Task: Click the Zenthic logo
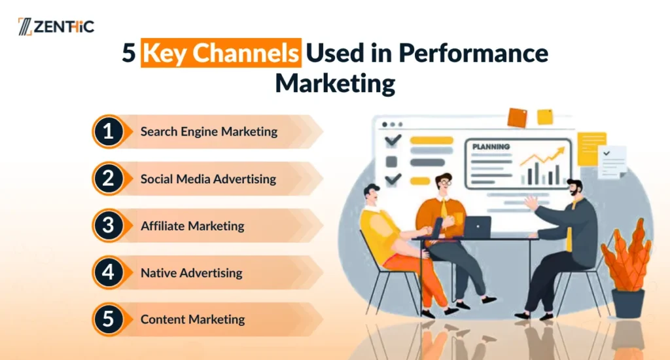click(56, 27)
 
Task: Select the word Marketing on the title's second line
click(334, 84)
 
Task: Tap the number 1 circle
click(108, 132)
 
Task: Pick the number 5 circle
click(108, 319)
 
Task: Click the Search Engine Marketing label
click(209, 132)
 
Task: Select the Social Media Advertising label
click(208, 179)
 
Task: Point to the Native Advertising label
click(191, 273)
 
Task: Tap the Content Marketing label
click(192, 320)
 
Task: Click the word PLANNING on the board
click(491, 147)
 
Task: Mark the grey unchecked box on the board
click(391, 160)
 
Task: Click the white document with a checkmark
click(612, 161)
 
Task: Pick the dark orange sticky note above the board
click(517, 118)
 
